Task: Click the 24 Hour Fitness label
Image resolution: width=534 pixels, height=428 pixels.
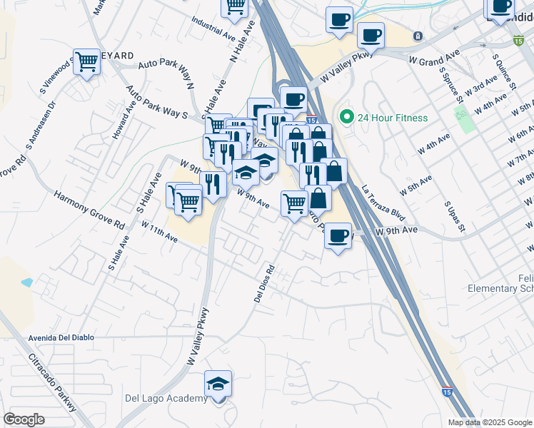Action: click(x=393, y=118)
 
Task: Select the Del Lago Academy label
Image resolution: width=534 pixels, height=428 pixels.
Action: click(x=166, y=398)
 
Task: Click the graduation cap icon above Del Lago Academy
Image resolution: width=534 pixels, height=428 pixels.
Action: click(x=218, y=384)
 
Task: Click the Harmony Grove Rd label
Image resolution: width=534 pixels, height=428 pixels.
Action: click(x=89, y=209)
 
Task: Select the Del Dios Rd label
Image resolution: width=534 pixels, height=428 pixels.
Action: click(x=264, y=284)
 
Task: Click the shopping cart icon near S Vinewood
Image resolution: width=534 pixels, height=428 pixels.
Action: click(x=86, y=62)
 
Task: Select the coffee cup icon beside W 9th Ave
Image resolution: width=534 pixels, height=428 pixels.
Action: click(x=338, y=235)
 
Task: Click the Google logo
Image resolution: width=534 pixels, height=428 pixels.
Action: click(x=24, y=419)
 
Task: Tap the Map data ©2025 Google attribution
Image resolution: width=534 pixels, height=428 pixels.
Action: click(x=490, y=422)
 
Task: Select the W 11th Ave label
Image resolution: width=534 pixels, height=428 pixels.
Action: click(x=159, y=231)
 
